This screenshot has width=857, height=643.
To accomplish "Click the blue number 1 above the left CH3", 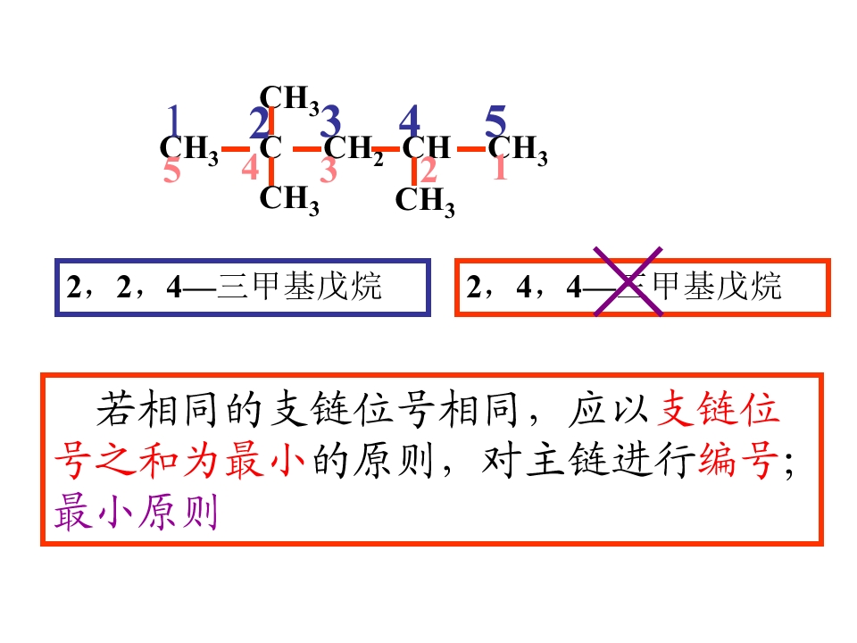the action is [x=174, y=121].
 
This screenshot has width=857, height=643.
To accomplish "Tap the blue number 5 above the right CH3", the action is [x=495, y=121].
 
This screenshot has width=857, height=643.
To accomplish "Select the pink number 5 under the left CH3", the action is [x=171, y=170].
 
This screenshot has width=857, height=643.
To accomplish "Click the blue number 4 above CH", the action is [x=410, y=121].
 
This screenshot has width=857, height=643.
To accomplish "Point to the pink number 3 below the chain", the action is [x=328, y=170].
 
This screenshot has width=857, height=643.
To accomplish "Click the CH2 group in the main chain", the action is [x=354, y=149].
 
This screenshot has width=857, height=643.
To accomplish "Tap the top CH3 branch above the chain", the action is [x=289, y=99].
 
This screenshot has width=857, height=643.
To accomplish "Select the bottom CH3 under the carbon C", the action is [x=289, y=200].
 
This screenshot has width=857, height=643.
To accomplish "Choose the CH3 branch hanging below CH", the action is [x=425, y=201].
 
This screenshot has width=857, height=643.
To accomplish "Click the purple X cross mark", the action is [x=628, y=281].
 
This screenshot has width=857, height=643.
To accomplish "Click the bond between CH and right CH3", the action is [x=471, y=149].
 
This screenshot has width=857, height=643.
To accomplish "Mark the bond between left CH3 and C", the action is [x=236, y=149].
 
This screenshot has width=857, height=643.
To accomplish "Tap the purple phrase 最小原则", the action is [x=136, y=512].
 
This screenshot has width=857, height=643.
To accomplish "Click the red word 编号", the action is [x=738, y=461].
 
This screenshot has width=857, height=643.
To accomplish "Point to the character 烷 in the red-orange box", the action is [x=765, y=286].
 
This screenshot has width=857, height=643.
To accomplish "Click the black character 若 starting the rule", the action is [x=115, y=409].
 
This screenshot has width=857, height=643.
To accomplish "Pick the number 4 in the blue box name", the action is [x=174, y=286].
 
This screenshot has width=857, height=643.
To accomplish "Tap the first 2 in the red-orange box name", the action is [x=473, y=286].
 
